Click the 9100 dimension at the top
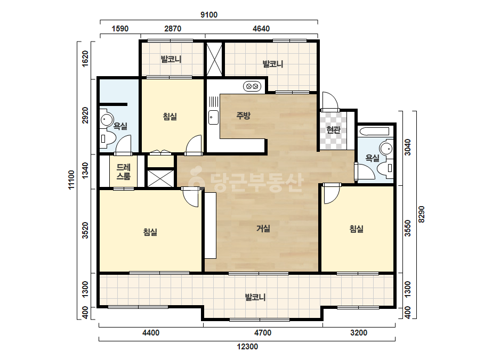click(208, 15)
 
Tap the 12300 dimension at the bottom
click(247, 347)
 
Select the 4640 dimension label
click(261, 29)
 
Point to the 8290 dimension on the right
click(422, 214)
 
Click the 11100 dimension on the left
click(71, 179)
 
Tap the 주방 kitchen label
click(243, 116)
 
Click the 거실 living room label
click(263, 228)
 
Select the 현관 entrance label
click(333, 129)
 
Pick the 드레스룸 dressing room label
click(123, 172)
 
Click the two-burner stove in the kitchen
click(252, 86)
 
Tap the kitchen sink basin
click(213, 117)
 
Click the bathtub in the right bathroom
click(375, 132)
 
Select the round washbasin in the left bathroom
click(107, 119)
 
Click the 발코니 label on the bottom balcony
click(255, 297)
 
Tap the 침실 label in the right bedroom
click(356, 228)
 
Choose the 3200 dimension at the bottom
click(359, 332)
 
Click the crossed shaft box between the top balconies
click(214, 59)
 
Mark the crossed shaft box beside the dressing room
click(160, 178)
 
